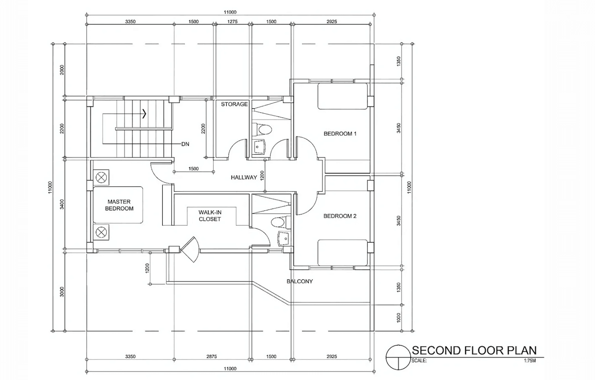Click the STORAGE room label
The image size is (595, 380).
pyautogui.click(x=234, y=104)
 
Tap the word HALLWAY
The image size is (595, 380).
pyautogui.click(x=244, y=177)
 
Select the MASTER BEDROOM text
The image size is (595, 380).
pyautogui.click(x=119, y=205)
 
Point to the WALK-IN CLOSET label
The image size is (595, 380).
pyautogui.click(x=210, y=216)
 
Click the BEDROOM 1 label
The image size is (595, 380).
pyautogui.click(x=340, y=133)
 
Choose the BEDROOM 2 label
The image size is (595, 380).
pyautogui.click(x=340, y=216)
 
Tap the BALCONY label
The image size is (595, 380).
pyautogui.click(x=300, y=281)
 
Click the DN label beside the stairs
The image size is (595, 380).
pyautogui.click(x=185, y=144)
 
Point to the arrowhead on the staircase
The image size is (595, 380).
pyautogui.click(x=144, y=114)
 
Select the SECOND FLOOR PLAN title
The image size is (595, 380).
pyautogui.click(x=474, y=351)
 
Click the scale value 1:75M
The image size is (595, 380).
pyautogui.click(x=530, y=361)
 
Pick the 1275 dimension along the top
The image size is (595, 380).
pyautogui.click(x=232, y=22)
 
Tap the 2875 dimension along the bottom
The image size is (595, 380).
pyautogui.click(x=212, y=356)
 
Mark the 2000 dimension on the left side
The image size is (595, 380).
pyautogui.click(x=62, y=70)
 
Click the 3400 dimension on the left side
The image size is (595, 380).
pyautogui.click(x=62, y=204)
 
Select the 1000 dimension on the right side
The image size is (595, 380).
pyautogui.click(x=398, y=318)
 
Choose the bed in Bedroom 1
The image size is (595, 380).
pyautogui.click(x=342, y=96)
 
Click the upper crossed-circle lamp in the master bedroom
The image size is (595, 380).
pyautogui.click(x=101, y=177)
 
